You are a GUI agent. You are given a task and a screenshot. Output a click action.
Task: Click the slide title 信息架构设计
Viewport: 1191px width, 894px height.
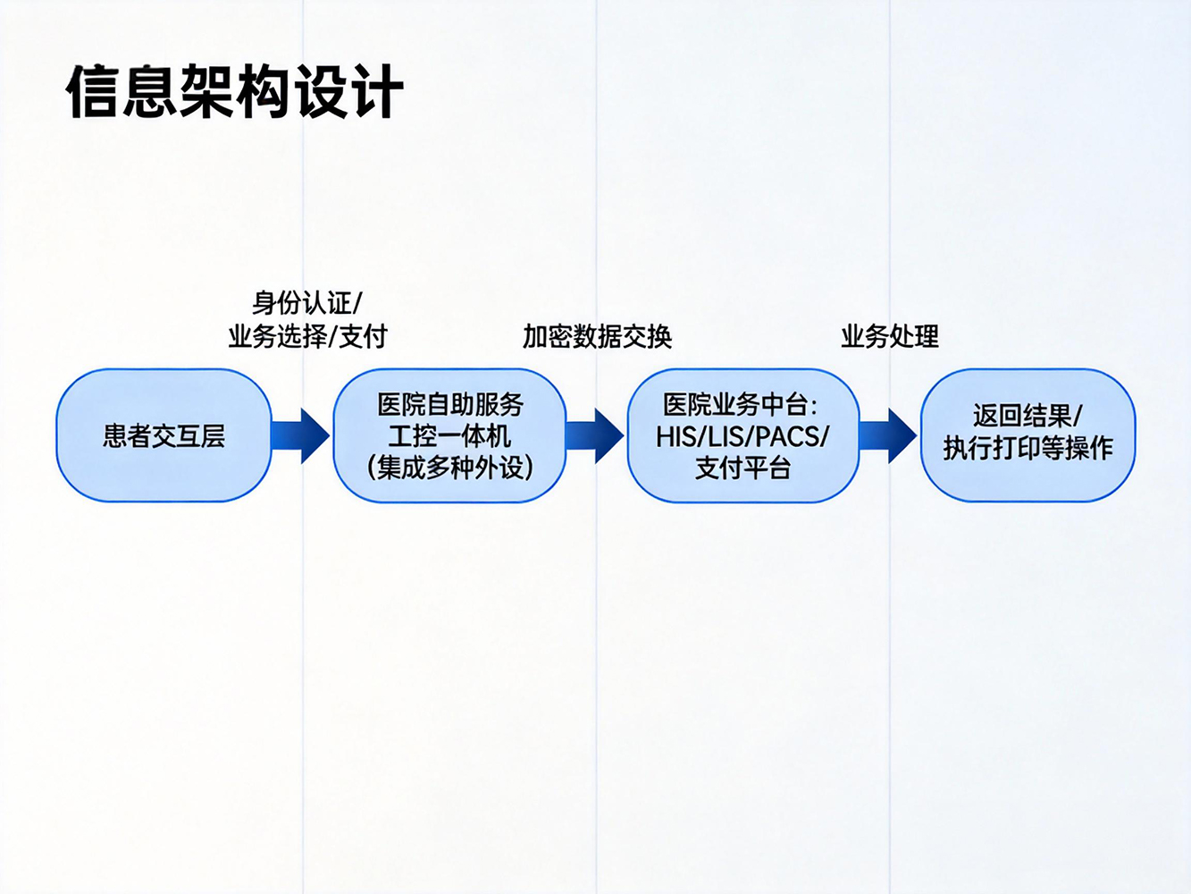point(234,91)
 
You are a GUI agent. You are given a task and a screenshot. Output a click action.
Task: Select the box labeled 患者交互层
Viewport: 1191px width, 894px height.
point(164,435)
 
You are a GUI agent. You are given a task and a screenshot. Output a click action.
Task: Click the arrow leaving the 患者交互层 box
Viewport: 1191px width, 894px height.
point(301,435)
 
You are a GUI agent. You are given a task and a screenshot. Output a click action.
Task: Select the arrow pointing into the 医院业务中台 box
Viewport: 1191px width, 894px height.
point(595,435)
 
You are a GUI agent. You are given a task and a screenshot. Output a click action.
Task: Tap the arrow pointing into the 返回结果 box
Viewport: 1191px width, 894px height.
point(888,435)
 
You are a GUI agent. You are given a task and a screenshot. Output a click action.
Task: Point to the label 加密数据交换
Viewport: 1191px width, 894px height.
point(597,337)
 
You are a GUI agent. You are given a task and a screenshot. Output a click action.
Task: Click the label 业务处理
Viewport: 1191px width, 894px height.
point(889,337)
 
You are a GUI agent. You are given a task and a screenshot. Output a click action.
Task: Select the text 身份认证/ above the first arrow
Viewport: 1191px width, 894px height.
point(306,303)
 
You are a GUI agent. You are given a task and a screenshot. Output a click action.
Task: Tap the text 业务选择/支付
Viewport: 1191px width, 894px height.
point(307,337)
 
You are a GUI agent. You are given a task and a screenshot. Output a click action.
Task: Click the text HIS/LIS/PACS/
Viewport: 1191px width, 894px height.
point(742,436)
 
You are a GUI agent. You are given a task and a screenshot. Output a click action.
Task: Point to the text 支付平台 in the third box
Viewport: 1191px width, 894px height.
point(742,468)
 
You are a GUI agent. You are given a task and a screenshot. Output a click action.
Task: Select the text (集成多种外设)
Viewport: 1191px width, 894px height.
point(449,468)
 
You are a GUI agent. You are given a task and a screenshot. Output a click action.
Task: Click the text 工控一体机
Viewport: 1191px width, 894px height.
point(449,436)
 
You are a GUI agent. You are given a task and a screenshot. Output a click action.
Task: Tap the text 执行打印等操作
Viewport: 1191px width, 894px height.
point(1027,448)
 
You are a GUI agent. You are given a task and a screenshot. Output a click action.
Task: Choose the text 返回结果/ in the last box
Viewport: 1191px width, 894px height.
point(1027,416)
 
